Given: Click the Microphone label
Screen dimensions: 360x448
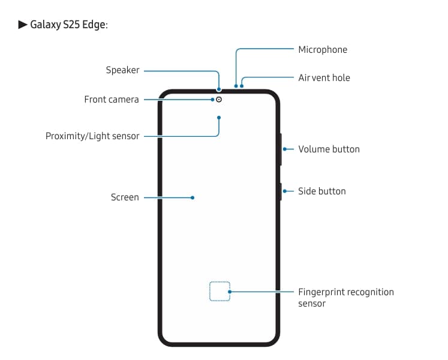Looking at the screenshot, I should (x=323, y=50).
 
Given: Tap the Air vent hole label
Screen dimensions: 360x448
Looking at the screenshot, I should (x=324, y=78).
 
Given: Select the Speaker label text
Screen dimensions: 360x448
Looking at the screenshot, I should (x=122, y=70).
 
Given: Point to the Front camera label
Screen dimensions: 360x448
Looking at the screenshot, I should (x=112, y=100).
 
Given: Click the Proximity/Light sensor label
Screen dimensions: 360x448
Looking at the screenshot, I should (x=92, y=136).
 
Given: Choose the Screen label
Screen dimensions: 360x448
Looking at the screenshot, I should (x=125, y=197).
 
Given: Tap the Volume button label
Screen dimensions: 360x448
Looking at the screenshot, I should (x=329, y=149).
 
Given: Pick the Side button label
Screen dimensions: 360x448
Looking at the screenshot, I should (x=322, y=191).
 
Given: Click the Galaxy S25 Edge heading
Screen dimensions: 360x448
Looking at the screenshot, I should (x=68, y=25).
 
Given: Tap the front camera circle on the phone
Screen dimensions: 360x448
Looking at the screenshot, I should (x=219, y=100).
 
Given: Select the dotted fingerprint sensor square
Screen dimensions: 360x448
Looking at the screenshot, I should (x=220, y=291).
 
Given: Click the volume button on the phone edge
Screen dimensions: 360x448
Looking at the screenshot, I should (x=280, y=149).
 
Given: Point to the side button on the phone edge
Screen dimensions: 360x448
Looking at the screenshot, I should (x=280, y=191).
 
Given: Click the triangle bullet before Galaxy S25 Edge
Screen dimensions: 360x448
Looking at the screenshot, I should (x=23, y=25).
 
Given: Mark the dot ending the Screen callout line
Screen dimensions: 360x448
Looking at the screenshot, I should (x=193, y=197).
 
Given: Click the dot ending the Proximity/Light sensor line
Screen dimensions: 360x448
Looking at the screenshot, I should (x=219, y=117).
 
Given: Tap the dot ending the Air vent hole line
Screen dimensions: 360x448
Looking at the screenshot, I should (x=242, y=85).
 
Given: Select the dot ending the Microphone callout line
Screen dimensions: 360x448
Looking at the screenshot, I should (x=236, y=85).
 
